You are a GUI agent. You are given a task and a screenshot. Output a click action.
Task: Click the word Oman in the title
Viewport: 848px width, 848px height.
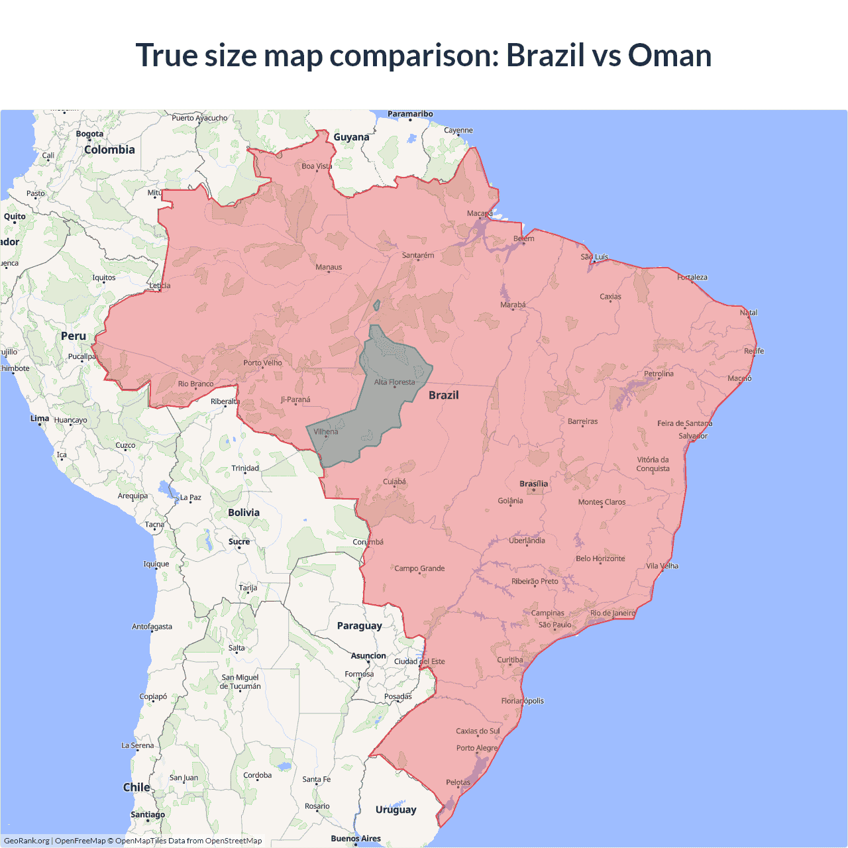669,56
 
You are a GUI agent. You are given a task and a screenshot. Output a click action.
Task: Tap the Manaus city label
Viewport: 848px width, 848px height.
329,268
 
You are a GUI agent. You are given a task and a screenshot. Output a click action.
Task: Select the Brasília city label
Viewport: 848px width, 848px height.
533,484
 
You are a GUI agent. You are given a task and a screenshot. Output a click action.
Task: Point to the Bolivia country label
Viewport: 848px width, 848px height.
244,513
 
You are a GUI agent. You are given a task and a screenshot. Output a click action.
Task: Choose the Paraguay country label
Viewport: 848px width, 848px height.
359,626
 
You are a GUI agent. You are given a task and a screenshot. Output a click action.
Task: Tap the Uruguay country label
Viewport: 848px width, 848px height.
396,810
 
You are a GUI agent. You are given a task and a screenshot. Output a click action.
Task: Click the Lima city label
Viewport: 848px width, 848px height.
40,419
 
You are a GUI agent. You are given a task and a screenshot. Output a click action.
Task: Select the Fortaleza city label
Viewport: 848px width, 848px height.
692,278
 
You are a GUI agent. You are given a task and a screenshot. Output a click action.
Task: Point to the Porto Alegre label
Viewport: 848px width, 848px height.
476,748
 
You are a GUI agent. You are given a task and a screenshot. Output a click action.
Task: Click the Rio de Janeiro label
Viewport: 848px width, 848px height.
612,613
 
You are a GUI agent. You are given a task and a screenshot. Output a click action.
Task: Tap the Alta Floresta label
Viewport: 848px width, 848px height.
394,382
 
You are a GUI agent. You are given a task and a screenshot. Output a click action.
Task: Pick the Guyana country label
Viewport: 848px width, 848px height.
351,137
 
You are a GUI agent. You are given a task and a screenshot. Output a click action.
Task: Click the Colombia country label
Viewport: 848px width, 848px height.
109,150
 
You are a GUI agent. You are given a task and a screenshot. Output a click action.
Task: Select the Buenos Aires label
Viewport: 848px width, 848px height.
356,839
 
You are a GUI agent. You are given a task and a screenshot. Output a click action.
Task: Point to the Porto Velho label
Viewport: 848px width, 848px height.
262,363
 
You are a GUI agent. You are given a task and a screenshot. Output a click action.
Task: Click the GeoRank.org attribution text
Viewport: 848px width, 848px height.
26,841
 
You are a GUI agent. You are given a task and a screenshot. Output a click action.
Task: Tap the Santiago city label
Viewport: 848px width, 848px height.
148,815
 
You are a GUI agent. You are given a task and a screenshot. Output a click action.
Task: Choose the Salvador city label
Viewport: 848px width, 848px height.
693,436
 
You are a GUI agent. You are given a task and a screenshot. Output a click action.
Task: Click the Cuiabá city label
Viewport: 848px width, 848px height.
394,482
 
